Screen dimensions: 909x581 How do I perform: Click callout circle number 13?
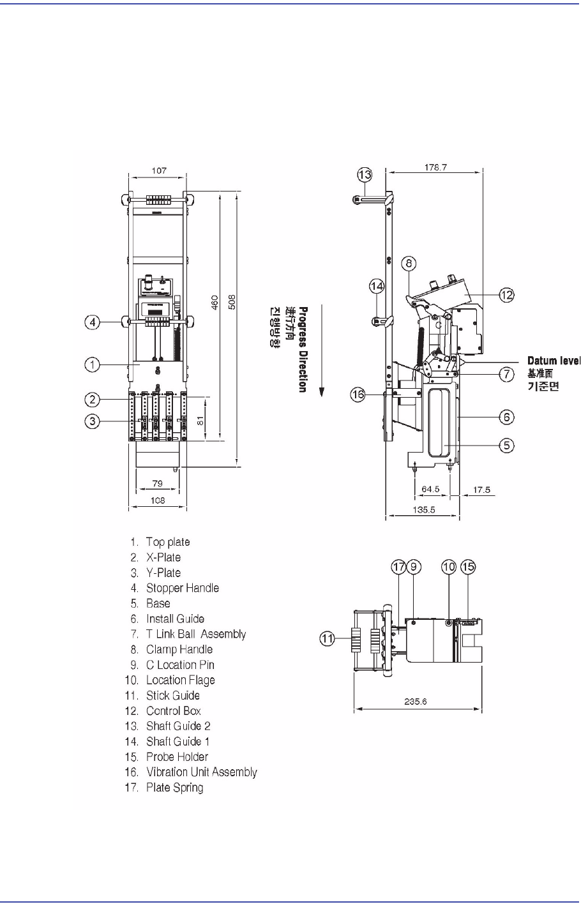click(364, 174)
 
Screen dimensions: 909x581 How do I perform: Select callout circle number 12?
click(506, 294)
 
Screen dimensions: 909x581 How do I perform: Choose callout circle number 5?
click(506, 445)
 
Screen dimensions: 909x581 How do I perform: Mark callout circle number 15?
click(469, 566)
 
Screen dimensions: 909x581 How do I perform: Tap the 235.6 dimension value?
click(416, 701)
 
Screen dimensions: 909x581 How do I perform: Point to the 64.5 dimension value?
click(432, 490)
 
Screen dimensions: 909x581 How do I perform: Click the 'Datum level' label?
click(554, 361)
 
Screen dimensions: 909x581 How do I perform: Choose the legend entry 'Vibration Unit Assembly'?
click(201, 772)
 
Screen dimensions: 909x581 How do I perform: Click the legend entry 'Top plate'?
click(167, 542)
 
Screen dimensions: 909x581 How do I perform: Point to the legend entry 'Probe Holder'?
click(177, 756)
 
